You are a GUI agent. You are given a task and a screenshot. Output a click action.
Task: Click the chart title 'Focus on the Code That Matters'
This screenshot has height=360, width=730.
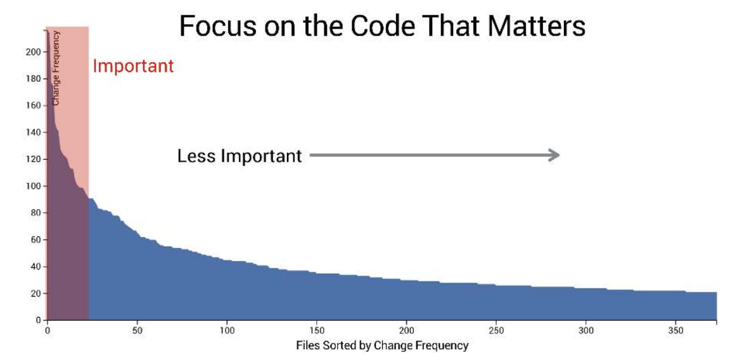coord(382,27)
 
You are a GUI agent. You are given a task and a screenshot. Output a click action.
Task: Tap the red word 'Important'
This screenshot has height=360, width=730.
coord(133,66)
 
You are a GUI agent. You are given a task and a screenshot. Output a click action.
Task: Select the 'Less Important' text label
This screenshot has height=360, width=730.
coord(240,156)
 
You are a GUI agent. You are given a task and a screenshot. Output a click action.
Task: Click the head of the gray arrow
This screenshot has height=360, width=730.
coord(554,155)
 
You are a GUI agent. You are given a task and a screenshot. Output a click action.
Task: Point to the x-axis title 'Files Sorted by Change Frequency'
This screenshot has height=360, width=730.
coord(382,345)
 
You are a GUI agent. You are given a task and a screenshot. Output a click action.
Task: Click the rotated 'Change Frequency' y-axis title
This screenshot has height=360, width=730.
coord(56,68)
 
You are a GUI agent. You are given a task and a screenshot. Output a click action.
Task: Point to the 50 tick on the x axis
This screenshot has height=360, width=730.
coord(137,330)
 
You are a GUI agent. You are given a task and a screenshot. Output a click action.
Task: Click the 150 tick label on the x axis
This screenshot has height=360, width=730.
coord(317,330)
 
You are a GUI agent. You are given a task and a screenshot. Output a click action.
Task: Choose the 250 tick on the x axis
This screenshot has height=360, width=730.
coord(497,330)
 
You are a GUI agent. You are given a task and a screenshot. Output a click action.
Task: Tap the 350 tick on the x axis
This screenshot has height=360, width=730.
coord(677,330)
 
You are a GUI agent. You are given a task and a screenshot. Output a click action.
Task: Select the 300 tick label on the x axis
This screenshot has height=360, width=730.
coord(587,330)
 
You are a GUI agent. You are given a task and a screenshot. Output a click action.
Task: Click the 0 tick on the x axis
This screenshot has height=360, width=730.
coord(47,330)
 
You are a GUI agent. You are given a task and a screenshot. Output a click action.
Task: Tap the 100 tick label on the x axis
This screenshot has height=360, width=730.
coord(227,330)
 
